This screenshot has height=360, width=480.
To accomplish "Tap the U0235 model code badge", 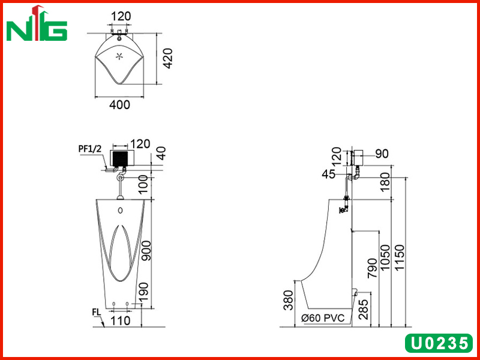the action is click(x=439, y=343).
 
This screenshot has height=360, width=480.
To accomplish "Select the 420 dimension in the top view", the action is click(x=167, y=58).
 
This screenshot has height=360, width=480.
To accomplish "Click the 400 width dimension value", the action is click(x=119, y=104).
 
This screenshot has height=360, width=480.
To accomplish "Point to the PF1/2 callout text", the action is click(x=89, y=149).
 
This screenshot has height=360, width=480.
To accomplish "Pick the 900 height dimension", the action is click(x=146, y=251).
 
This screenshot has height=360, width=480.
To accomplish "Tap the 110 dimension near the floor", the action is click(x=121, y=320).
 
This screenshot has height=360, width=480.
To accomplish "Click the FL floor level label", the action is click(x=96, y=312).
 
